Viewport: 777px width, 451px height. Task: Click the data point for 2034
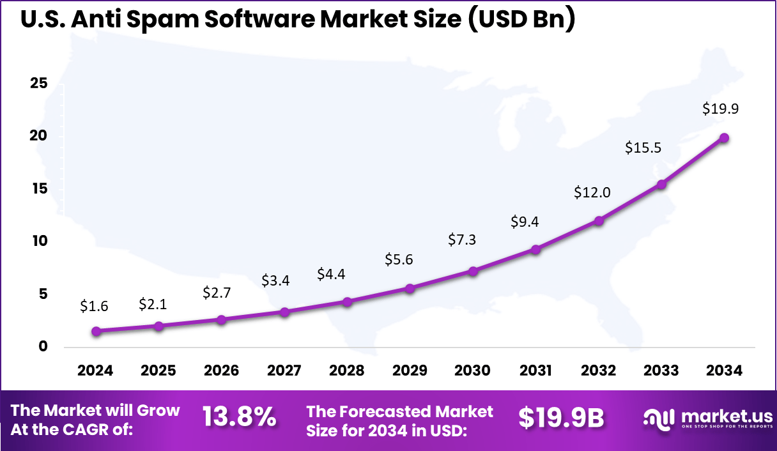click(x=724, y=138)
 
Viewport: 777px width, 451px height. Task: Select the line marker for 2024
click(x=96, y=331)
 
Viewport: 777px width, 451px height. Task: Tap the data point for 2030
click(x=473, y=271)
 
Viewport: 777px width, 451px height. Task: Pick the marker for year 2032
click(x=599, y=220)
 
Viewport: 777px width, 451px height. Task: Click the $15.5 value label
click(x=643, y=148)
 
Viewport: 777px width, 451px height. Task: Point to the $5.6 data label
click(x=399, y=259)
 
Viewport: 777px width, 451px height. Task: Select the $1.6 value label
click(x=94, y=307)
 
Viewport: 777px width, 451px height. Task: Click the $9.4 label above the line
click(x=524, y=222)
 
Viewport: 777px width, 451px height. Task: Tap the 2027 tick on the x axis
click(x=284, y=371)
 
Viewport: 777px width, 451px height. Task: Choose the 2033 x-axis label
click(x=661, y=371)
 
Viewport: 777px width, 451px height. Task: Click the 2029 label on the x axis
click(x=410, y=371)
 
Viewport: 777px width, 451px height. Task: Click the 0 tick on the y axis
click(x=43, y=347)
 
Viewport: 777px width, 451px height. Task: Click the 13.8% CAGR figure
click(x=239, y=417)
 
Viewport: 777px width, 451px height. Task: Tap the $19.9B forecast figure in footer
click(x=561, y=417)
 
